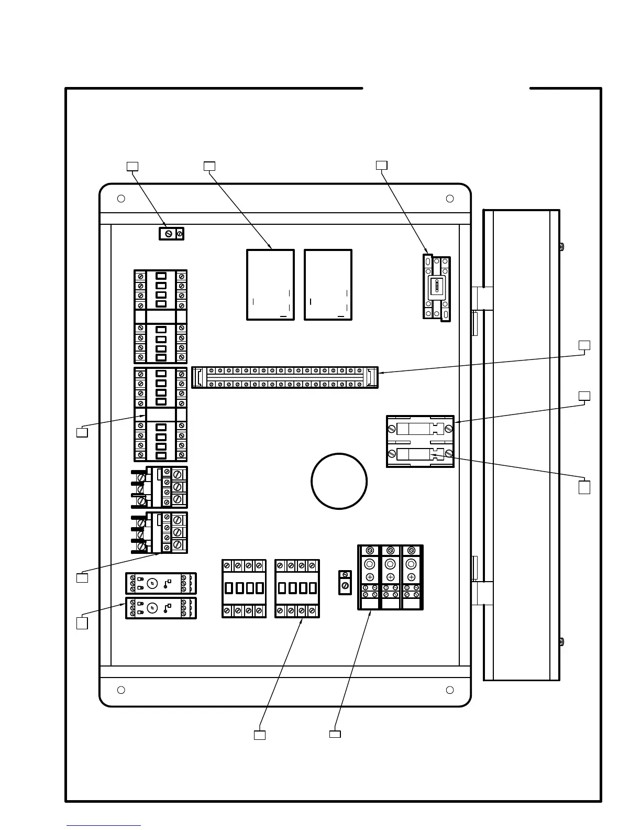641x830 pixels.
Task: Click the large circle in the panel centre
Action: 339,481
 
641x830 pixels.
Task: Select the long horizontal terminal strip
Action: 284,377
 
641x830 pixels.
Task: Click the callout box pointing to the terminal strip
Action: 584,345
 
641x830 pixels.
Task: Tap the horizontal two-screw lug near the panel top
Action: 171,233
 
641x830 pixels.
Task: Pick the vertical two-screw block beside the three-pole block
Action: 345,582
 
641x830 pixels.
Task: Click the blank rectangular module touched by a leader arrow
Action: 270,285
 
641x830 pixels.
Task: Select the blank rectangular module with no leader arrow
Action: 328,285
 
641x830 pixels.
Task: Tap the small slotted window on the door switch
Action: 436,288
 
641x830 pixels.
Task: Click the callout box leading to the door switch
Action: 382,166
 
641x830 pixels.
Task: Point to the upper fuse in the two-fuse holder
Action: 420,429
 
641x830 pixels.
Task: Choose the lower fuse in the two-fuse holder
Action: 420,454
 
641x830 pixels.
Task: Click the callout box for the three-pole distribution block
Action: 335,734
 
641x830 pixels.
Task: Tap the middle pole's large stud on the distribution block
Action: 390,564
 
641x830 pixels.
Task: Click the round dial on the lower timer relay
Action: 151,608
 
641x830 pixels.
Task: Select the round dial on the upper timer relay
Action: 151,583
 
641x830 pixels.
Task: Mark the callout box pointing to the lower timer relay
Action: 82,624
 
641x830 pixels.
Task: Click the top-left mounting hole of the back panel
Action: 121,199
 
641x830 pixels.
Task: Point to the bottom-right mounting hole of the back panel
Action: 449,690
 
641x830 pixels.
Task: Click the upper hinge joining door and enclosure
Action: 482,299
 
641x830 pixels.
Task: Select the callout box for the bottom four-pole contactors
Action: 259,735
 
